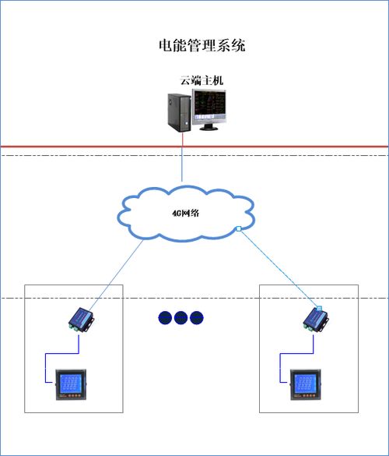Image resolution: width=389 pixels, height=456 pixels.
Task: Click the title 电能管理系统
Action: tap(202, 45)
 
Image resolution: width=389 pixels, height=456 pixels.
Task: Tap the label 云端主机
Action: tap(202, 80)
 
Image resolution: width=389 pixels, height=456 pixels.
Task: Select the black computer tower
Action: tap(178, 112)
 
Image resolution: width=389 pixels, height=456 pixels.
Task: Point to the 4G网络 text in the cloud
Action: tap(184, 213)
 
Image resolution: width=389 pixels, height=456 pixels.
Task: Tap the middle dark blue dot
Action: tap(180, 317)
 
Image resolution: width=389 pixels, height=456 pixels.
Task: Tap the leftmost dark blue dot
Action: tap(165, 317)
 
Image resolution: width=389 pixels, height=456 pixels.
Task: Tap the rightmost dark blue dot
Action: tap(195, 317)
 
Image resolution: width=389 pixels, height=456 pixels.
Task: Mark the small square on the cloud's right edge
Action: tap(238, 228)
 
